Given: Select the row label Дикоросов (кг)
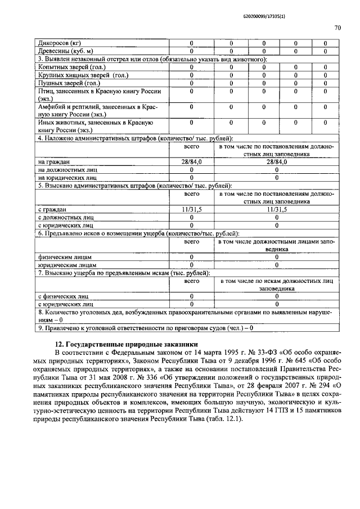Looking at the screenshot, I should (x=58, y=43).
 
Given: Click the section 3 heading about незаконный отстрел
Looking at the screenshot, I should (x=152, y=59).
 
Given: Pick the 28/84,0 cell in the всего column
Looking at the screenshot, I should (x=191, y=161).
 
